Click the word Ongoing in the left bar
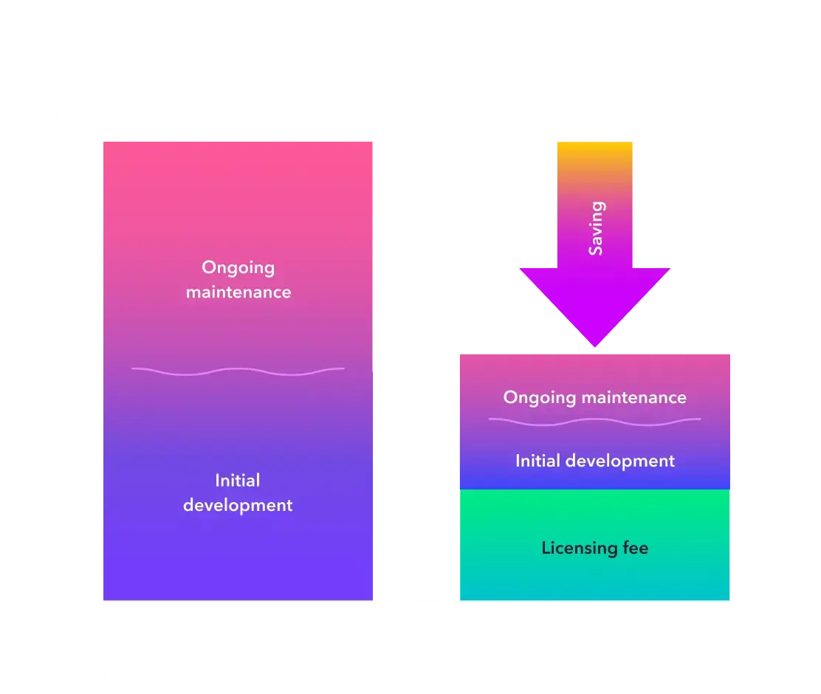click(x=238, y=268)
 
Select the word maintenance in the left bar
click(x=238, y=292)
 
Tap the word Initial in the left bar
click(x=238, y=481)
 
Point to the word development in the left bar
click(x=238, y=506)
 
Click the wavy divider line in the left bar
click(x=238, y=371)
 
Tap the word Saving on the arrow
click(x=596, y=228)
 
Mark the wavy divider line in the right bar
click(x=594, y=421)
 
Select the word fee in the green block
click(x=635, y=549)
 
